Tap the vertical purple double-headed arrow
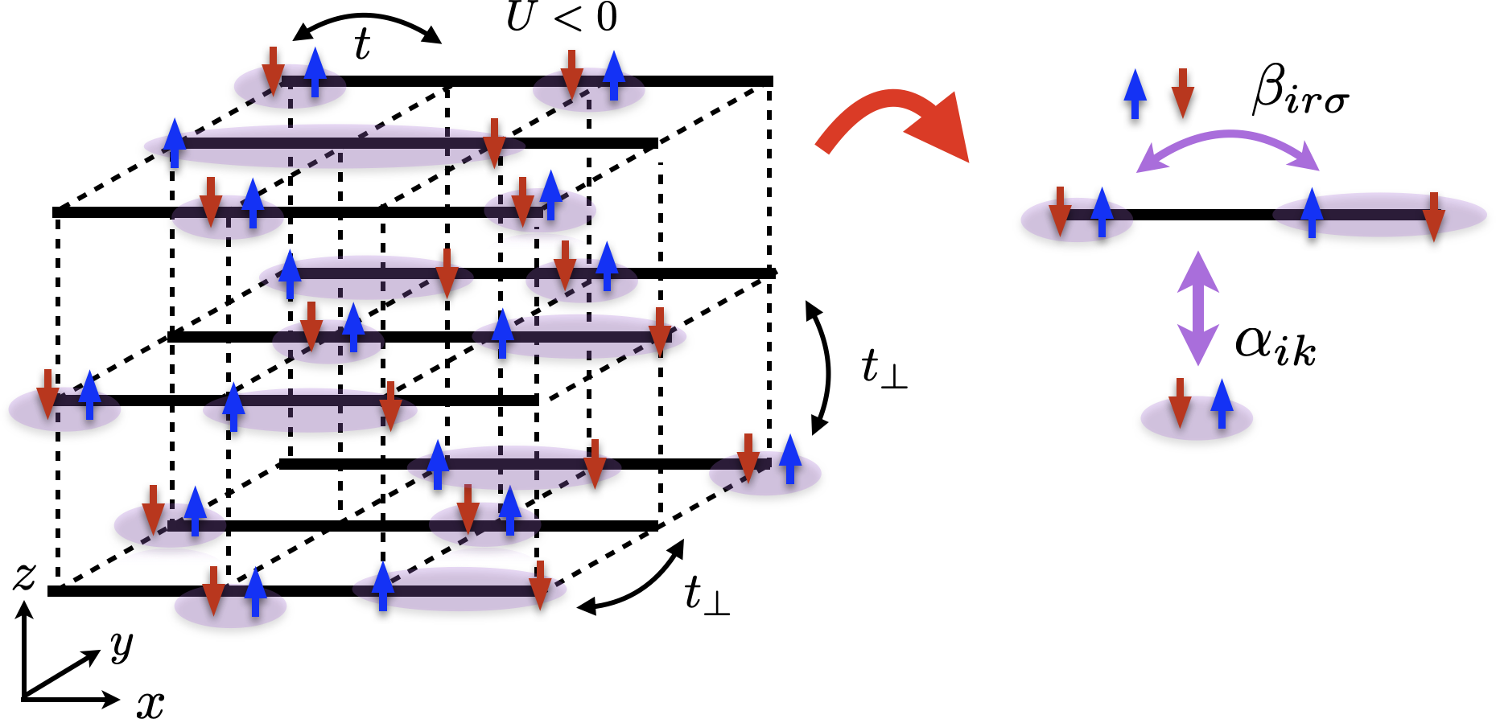tap(1198, 309)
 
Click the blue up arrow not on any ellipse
tap(1135, 92)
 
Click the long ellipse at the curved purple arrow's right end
tap(1379, 215)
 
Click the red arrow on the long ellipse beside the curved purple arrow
tap(1433, 217)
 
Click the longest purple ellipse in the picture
tap(334, 146)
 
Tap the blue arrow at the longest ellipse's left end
tap(175, 142)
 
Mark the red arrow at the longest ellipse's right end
tap(494, 144)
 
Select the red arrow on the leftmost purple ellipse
tap(47, 394)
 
